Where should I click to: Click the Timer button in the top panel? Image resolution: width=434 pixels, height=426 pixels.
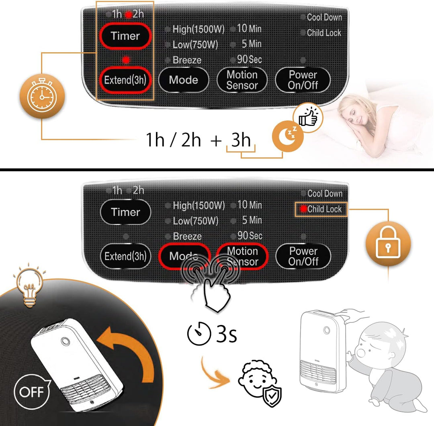(125, 36)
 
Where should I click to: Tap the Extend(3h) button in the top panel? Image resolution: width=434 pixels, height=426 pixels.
(125, 80)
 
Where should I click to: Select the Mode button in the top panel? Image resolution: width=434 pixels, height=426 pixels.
(184, 80)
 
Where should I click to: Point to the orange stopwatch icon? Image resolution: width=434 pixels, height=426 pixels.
(42, 96)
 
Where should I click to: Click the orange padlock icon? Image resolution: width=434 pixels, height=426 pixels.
(388, 243)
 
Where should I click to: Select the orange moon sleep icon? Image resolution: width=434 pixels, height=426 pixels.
(288, 136)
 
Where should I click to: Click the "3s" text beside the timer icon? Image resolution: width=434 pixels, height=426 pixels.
(226, 334)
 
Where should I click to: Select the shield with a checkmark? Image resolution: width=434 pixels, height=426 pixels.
(272, 396)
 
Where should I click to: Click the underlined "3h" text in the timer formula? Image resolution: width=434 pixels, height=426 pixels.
(241, 140)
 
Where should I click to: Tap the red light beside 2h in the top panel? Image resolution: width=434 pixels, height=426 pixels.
(129, 15)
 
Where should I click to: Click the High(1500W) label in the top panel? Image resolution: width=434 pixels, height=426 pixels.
(199, 29)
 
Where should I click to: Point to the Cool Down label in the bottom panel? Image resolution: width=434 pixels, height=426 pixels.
(325, 194)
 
